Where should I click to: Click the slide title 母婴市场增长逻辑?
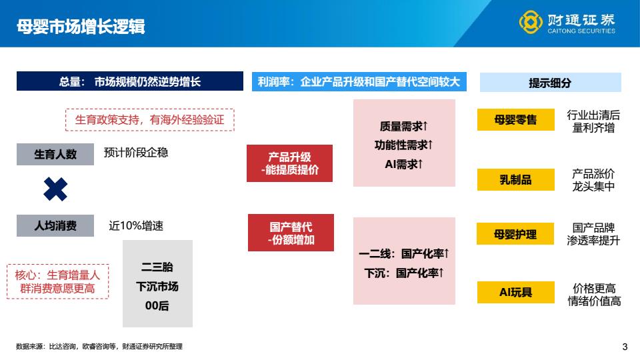81,27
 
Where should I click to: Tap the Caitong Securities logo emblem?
531,22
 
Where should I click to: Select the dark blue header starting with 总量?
130,81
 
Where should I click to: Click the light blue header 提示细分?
550,83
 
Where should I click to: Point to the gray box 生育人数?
55,154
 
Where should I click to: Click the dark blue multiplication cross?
55,189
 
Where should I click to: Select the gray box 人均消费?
55,226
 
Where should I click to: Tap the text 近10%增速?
136,226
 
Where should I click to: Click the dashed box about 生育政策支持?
150,119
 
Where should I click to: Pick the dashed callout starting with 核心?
57,281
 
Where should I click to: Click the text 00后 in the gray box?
157,306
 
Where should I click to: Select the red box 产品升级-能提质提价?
290,163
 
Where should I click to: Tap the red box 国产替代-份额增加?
291,233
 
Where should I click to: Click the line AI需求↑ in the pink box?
404,164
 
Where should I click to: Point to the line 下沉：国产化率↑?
404,273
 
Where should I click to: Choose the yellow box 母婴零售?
516,119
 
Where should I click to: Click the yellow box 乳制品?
516,179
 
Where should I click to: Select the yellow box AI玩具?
516,292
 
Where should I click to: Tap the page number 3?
625,347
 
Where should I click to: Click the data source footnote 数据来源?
99,347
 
